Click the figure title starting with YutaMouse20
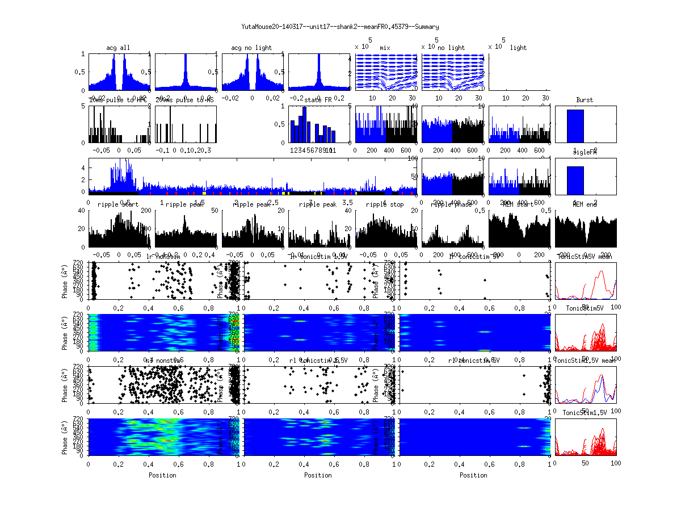(340, 27)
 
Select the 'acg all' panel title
(118, 48)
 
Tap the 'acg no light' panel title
(251, 48)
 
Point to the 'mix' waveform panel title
(385, 48)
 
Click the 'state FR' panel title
(318, 100)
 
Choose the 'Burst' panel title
(585, 100)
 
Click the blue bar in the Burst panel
(575, 126)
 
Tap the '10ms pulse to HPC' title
(118, 100)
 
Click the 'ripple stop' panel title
(385, 204)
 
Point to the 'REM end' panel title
(585, 204)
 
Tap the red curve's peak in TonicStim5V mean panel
(602, 271)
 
